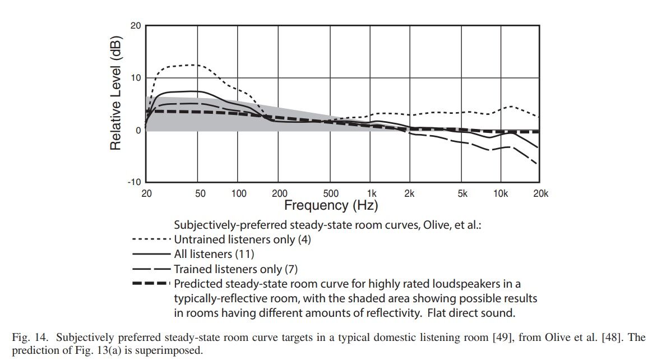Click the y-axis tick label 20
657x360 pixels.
pos(136,26)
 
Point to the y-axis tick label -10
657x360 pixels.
pos(135,182)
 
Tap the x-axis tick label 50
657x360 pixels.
pos(200,193)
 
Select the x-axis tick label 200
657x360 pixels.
pos(280,193)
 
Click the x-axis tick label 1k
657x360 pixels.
pos(372,193)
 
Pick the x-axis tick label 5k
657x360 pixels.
pos(462,193)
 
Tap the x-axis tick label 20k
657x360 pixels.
pos(540,193)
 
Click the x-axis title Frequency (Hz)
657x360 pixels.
pos(331,205)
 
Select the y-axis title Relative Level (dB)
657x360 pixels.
pos(115,93)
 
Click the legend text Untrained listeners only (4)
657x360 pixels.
pos(242,240)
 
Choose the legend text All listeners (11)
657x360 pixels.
pos(214,254)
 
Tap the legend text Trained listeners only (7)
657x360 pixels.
pos(236,269)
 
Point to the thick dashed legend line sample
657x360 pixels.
pos(151,284)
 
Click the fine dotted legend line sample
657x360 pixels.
pos(151,239)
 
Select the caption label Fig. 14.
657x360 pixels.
pos(27,338)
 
